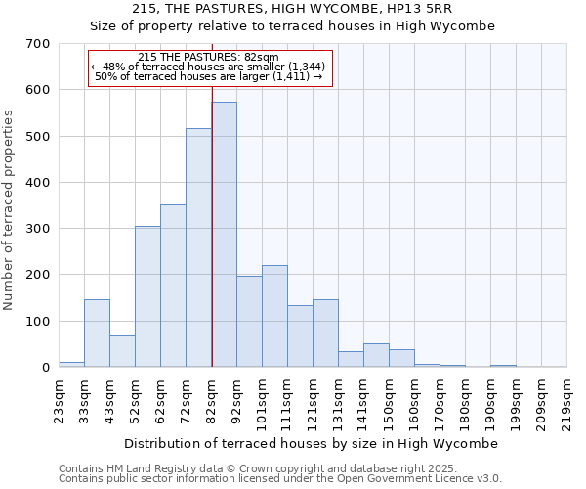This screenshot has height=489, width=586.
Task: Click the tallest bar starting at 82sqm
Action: coord(224,235)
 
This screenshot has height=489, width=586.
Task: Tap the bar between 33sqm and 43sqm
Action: coord(97,333)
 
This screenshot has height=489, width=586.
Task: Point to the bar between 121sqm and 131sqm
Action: coord(325,333)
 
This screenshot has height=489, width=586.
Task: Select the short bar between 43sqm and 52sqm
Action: coord(122,351)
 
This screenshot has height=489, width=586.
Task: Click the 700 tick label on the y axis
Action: coord(38,44)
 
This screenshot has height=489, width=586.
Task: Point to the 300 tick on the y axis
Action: coord(38,229)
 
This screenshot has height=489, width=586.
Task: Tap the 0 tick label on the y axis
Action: coord(45,368)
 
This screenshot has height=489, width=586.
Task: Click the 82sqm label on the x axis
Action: coord(212,399)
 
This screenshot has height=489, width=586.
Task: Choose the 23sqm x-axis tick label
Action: coord(60,399)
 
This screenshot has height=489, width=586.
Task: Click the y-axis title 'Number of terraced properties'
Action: coord(9,209)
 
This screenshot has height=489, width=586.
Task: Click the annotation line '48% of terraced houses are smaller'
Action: coord(211,67)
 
